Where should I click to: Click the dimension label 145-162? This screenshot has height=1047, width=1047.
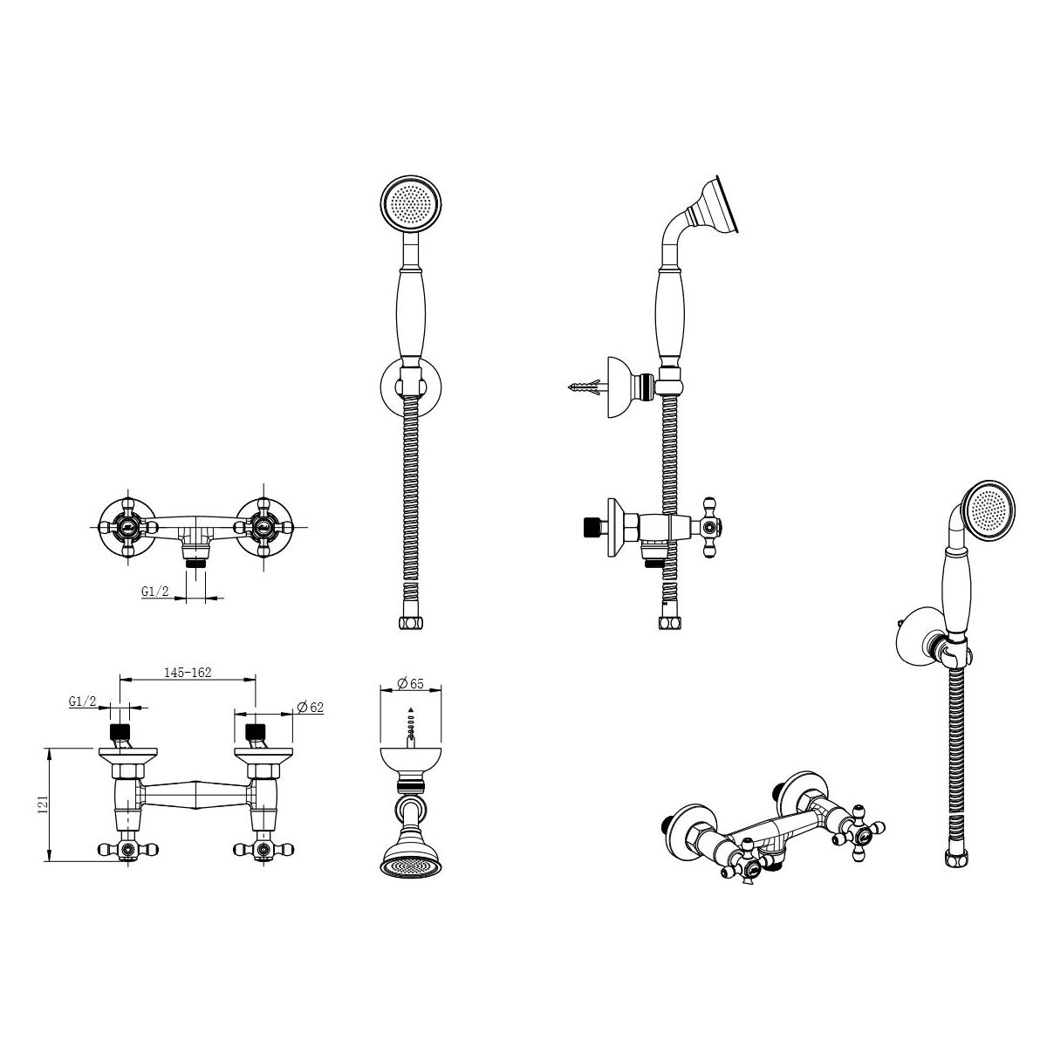point(188,673)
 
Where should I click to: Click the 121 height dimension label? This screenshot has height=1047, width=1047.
point(44,804)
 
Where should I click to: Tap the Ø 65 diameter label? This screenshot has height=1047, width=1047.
point(410,683)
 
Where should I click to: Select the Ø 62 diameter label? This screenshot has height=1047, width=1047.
point(311,707)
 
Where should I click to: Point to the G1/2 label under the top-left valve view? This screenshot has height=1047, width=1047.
point(155,592)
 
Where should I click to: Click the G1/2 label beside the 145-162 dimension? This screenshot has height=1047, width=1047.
point(83,701)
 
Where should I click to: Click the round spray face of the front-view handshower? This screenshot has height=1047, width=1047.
point(411,206)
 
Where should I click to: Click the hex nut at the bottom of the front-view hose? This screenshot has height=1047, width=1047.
point(410,623)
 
